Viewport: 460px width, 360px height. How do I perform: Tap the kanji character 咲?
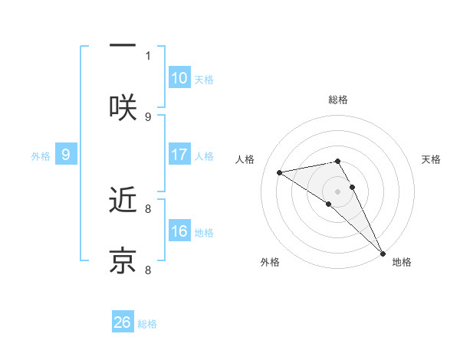[123, 107]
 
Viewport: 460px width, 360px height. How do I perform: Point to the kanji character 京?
[123, 260]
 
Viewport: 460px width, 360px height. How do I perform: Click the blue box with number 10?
[179, 78]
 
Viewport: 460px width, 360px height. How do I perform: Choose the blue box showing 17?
[179, 155]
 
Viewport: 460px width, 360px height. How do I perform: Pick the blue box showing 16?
[179, 231]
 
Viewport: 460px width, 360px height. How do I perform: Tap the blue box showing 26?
[123, 322]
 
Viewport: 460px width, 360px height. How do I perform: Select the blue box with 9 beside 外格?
[66, 155]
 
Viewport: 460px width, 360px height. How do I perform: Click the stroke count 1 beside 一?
[148, 55]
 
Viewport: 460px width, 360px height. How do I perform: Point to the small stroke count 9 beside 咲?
[148, 116]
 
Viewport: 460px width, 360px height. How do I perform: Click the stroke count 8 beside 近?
[148, 208]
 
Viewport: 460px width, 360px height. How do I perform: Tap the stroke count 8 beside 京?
[148, 270]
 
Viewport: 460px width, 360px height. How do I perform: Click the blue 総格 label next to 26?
[147, 324]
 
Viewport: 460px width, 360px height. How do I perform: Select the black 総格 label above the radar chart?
[338, 100]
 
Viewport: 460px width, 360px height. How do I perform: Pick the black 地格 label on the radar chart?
[402, 262]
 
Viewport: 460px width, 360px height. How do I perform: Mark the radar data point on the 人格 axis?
[280, 172]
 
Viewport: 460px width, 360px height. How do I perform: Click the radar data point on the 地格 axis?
[383, 253]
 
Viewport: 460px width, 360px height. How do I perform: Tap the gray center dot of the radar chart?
[338, 191]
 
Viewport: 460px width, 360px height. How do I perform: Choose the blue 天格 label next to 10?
[204, 80]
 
